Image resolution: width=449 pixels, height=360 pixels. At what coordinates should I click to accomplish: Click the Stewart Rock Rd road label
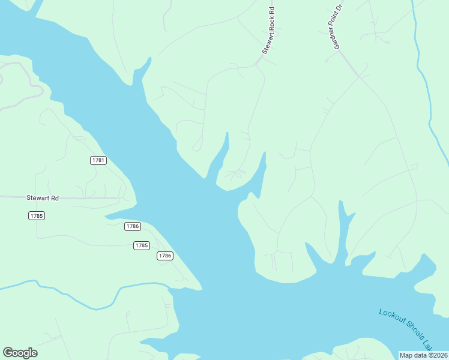pos(268,31)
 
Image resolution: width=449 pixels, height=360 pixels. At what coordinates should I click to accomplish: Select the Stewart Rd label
pos(43,197)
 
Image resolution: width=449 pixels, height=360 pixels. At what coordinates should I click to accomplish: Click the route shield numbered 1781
pos(98,160)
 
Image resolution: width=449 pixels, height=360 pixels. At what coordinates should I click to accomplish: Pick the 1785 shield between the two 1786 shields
pos(141,245)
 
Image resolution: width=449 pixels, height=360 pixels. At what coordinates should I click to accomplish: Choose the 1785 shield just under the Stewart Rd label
pos(37,215)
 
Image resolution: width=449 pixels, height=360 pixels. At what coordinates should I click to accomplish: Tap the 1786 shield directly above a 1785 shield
pos(133,226)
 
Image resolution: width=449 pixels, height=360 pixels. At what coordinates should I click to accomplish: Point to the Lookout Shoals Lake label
pos(406,329)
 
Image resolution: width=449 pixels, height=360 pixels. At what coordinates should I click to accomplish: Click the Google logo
pos(20,353)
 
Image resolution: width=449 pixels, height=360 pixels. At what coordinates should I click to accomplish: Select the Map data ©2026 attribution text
pos(424,355)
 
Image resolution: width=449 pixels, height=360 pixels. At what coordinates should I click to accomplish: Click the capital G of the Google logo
pos(8,353)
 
